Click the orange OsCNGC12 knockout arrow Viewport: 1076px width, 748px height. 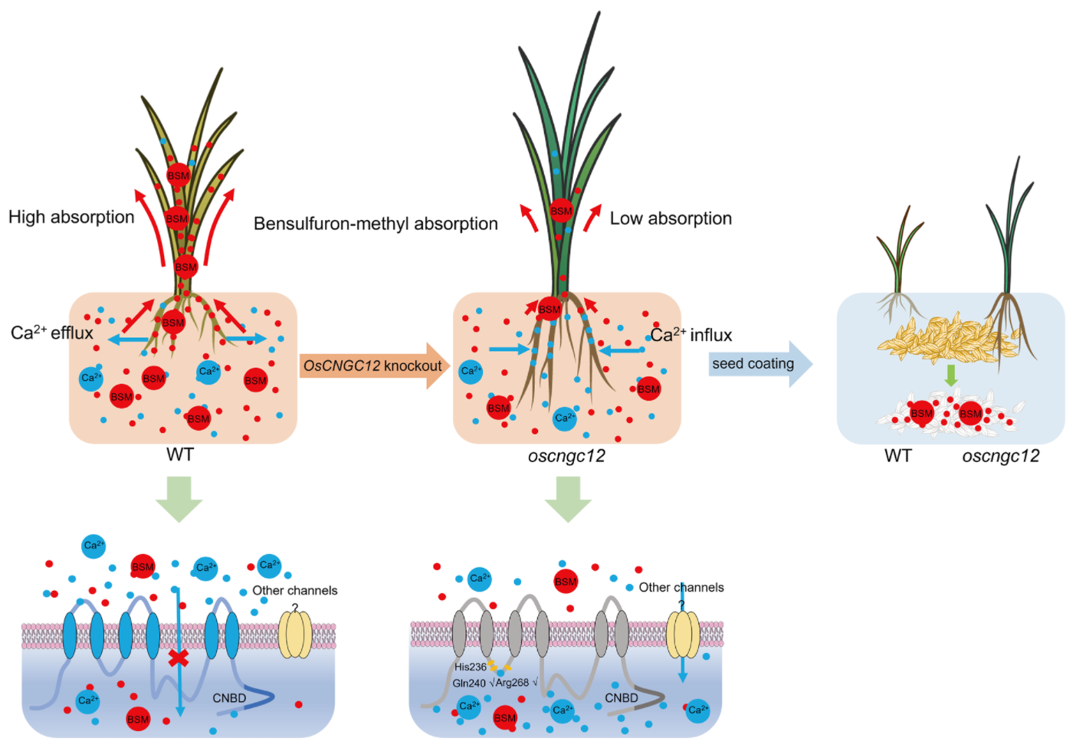(373, 366)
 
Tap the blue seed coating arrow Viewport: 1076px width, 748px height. (759, 364)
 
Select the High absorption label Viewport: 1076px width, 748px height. (71, 217)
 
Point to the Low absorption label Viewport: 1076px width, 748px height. (671, 218)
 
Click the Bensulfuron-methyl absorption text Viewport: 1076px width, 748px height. (376, 224)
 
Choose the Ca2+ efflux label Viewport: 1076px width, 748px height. (51, 333)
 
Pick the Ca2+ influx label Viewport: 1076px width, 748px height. (691, 335)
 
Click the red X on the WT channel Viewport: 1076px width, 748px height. (179, 658)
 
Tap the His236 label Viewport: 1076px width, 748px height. (470, 667)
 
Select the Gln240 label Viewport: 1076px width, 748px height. (468, 683)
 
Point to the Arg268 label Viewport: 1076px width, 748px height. (512, 683)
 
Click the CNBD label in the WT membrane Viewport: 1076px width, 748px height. (229, 698)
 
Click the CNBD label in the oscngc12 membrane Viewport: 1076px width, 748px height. (621, 698)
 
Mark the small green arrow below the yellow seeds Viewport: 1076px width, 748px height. (951, 376)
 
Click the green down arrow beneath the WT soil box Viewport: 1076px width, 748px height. (179, 499)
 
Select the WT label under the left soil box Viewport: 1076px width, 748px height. (180, 455)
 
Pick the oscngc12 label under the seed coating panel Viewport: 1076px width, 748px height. (1000, 457)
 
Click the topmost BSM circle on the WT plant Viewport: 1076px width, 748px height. (178, 176)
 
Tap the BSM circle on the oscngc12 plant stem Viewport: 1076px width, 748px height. (561, 211)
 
